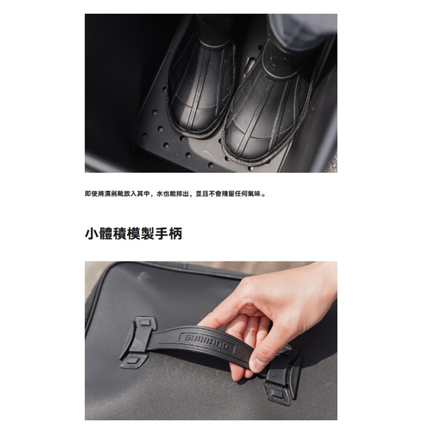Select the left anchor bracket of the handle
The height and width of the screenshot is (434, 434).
pos(138,343)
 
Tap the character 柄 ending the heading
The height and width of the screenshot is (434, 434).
pos(176,234)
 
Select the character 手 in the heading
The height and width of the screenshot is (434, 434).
pos(161,234)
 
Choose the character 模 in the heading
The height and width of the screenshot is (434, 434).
pos(134,234)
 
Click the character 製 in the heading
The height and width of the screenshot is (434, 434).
pos(148,234)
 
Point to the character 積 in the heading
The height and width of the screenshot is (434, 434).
pos(119,234)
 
